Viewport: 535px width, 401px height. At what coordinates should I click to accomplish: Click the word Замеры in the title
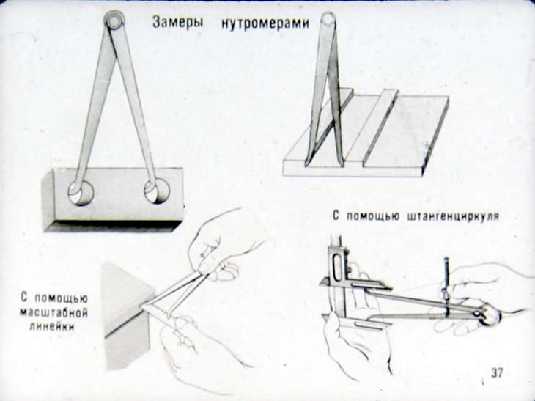point(178,23)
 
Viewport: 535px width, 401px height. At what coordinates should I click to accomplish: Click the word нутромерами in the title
point(265,23)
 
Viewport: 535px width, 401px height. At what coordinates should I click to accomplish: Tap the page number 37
point(497,372)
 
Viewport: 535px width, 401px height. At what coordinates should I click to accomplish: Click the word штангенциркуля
point(453,216)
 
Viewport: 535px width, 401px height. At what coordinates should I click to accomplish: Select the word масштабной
point(53,312)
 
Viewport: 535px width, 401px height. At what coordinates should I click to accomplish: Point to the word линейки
point(52,327)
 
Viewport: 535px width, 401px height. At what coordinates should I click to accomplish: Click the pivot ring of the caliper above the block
point(114,20)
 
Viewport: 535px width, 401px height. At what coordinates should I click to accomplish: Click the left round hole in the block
point(81,193)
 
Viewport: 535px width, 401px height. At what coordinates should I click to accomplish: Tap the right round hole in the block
point(157,191)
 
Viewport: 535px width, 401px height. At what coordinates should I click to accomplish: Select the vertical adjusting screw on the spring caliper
point(446,287)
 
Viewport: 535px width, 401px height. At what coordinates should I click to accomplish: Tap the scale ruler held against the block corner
point(157,308)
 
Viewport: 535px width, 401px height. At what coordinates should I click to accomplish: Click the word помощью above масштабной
point(62,298)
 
